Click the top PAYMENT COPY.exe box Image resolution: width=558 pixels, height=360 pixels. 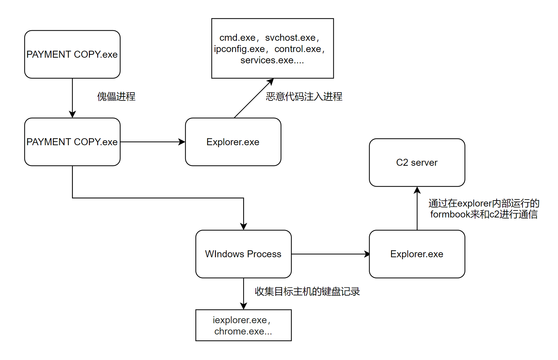pyautogui.click(x=72, y=54)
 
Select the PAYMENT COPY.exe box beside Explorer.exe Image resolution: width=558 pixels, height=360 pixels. pyautogui.click(x=72, y=142)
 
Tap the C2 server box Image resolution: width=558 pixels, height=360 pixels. pyautogui.click(x=417, y=162)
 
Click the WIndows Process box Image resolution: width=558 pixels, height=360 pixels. pyautogui.click(x=243, y=254)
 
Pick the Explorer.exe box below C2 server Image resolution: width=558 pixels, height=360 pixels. pyautogui.click(x=417, y=254)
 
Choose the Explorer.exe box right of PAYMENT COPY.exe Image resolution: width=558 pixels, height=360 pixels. pyautogui.click(x=233, y=142)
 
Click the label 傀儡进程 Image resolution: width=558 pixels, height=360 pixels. pyautogui.click(x=116, y=96)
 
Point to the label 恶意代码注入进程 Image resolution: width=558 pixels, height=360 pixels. pyautogui.click(x=304, y=96)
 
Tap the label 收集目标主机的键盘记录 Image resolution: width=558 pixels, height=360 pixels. pyautogui.click(x=307, y=291)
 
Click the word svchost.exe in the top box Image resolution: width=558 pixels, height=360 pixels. pyautogui.click(x=290, y=38)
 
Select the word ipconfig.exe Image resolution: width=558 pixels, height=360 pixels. pyautogui.click(x=239, y=49)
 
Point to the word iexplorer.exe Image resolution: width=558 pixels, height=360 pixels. pyautogui.click(x=240, y=320)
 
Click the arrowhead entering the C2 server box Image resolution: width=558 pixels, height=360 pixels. pyautogui.click(x=417, y=190)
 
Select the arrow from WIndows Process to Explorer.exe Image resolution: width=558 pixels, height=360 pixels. pyautogui.click(x=330, y=254)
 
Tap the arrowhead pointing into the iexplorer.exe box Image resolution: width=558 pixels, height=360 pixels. pyautogui.click(x=244, y=306)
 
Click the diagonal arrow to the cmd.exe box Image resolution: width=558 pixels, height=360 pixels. pyautogui.click(x=254, y=98)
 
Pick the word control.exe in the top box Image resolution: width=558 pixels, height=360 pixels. pyautogui.click(x=298, y=49)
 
